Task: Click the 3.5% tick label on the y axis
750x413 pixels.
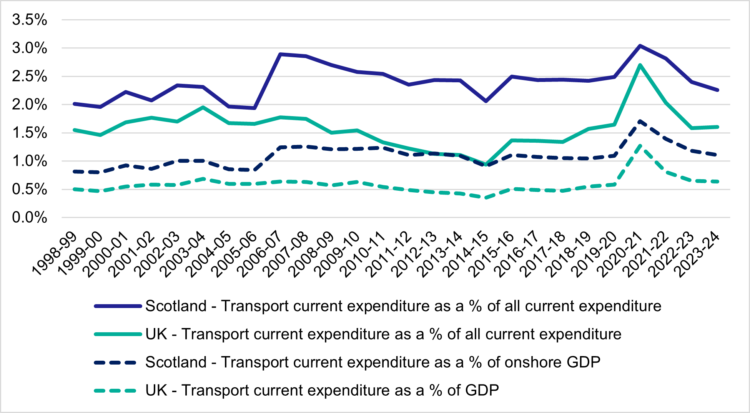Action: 30,20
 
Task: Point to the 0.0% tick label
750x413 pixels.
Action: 30,218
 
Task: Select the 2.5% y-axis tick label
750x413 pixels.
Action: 30,77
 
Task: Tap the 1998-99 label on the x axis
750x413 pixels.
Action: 55,254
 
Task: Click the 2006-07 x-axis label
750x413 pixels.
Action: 260,254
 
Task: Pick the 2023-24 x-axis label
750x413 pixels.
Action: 697,254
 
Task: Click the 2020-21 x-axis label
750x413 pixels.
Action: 620,254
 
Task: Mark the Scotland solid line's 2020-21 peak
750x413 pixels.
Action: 640,46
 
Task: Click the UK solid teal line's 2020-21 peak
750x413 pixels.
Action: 640,65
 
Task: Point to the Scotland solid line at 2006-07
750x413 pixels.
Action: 281,54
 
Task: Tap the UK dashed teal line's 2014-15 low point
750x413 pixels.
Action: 486,198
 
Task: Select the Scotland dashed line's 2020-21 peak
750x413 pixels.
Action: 640,121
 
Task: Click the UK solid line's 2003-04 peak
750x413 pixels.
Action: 203,107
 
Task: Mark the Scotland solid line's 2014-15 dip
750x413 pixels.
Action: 486,101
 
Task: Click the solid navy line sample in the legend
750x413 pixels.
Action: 118,306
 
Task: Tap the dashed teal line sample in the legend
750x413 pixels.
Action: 115,391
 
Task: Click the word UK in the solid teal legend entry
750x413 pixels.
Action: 156,334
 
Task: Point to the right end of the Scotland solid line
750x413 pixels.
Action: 717,90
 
